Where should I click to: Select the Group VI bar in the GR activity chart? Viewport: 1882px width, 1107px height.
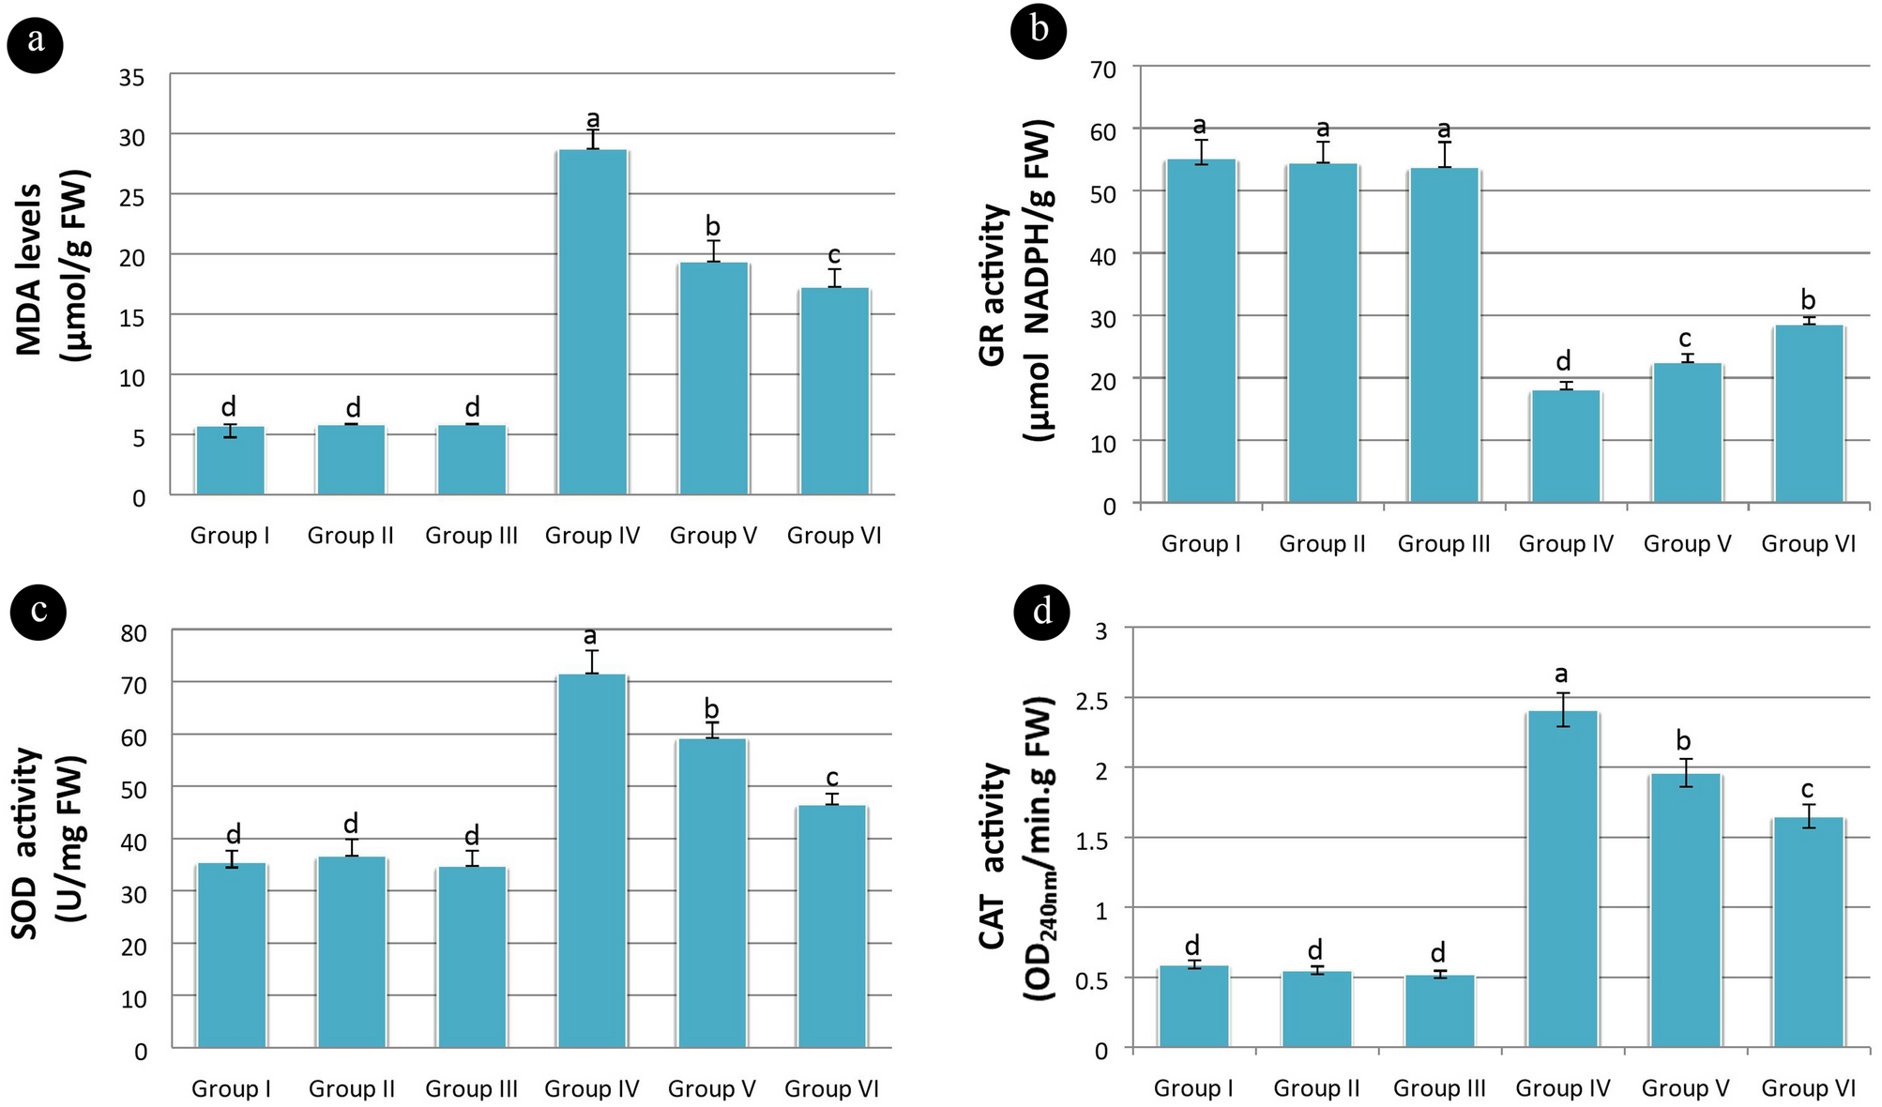[x=1809, y=414]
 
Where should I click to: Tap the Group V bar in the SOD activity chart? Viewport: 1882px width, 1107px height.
[x=712, y=892]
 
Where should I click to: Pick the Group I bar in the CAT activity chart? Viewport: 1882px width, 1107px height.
[x=1193, y=1006]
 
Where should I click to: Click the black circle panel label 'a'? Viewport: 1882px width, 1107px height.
[x=36, y=41]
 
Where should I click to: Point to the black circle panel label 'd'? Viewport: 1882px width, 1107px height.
[x=1042, y=612]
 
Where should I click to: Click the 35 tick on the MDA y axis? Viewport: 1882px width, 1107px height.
[x=132, y=78]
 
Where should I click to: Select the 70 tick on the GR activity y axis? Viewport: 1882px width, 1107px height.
[x=1103, y=69]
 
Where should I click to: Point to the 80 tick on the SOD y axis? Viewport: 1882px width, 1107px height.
[x=134, y=634]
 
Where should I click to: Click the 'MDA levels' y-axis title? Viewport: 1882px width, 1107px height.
[x=30, y=269]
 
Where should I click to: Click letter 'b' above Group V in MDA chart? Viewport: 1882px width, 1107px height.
[x=713, y=225]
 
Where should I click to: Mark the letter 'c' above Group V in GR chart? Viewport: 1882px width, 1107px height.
[x=1685, y=338]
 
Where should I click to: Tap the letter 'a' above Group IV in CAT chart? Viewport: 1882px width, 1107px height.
[x=1561, y=674]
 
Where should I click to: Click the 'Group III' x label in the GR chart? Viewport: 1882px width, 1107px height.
[x=1444, y=544]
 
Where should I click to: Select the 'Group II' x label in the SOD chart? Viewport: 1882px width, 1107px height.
[x=352, y=1089]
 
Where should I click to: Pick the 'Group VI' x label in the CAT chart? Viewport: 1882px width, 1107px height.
[x=1808, y=1088]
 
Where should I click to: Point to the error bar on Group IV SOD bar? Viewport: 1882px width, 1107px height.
[x=591, y=661]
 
